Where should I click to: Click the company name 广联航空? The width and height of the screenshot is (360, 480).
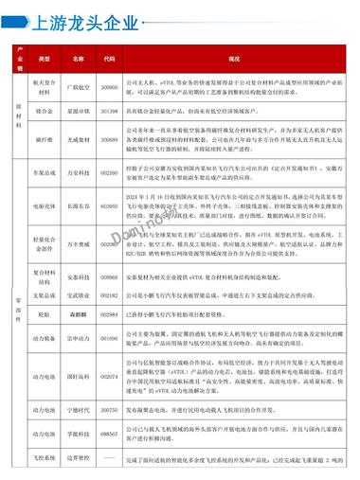(x=78, y=85)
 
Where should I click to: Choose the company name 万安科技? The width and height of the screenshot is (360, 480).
(x=78, y=173)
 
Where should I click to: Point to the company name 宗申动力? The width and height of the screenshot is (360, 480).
(x=78, y=338)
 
